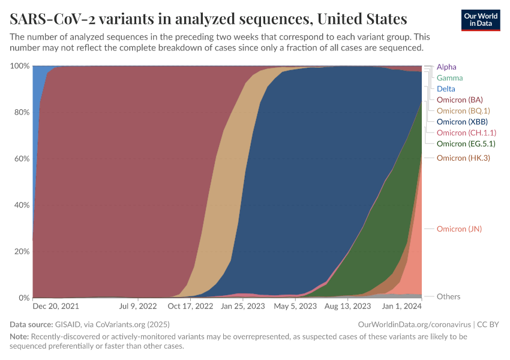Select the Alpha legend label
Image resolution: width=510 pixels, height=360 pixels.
coord(446,67)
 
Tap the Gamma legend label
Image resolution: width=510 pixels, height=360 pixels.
coord(449,78)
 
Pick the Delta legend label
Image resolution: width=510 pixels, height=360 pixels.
coord(446,89)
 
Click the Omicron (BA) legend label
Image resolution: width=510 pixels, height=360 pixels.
coord(460,100)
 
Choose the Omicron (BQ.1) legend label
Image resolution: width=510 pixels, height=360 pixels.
coord(463,110)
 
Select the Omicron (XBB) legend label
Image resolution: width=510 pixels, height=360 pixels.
coord(462,122)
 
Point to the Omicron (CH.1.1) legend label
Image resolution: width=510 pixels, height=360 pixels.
coord(466,133)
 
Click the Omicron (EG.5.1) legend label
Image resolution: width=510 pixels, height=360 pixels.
coord(466,143)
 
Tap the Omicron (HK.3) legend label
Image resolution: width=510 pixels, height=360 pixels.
coord(463,158)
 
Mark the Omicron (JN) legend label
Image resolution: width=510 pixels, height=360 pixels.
coord(459,229)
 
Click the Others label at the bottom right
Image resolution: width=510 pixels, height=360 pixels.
coord(449,296)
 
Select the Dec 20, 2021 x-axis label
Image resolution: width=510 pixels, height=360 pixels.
coord(56,307)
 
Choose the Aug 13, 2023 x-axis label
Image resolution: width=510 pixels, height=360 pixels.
coord(347,307)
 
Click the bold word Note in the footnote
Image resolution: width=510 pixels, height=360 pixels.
coord(19,337)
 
